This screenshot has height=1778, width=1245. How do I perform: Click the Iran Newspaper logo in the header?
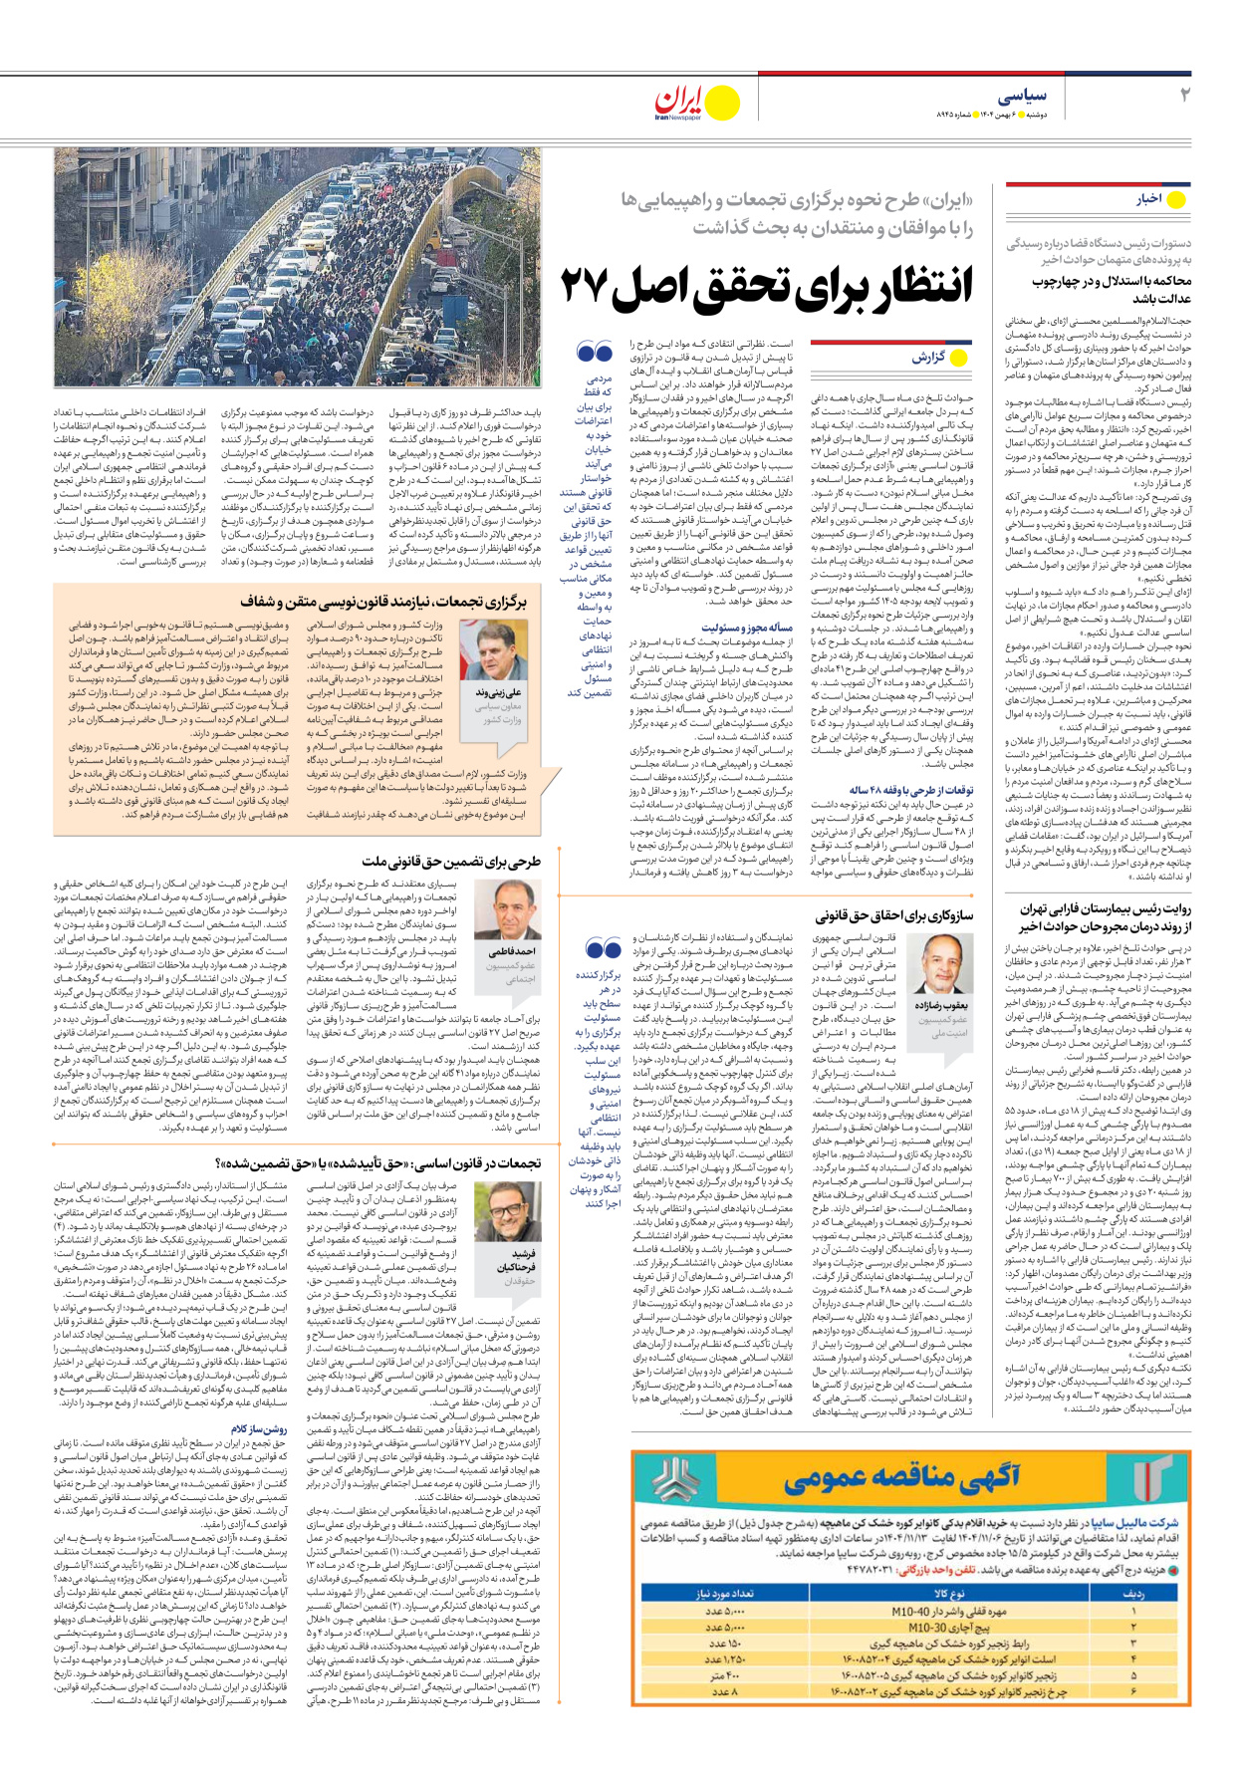(696, 103)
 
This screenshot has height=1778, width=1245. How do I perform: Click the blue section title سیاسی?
(1022, 96)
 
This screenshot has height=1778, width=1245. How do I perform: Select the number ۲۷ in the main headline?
(595, 287)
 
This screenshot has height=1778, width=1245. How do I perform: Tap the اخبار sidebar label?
(1149, 199)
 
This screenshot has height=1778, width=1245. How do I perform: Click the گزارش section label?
(928, 357)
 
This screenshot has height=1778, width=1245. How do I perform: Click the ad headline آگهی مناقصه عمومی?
(901, 1476)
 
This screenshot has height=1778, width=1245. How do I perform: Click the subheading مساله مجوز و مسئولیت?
(746, 628)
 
